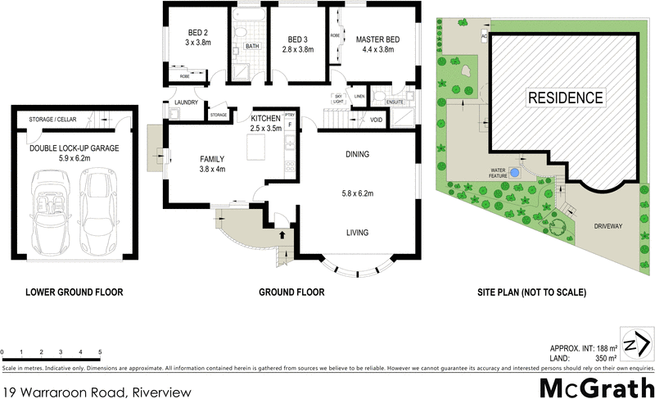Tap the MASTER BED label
377,39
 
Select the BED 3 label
296,39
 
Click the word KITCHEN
265,118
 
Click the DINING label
358,153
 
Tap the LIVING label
358,233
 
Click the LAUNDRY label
187,102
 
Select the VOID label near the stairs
376,120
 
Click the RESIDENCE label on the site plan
565,97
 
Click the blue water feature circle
513,174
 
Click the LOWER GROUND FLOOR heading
74,292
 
